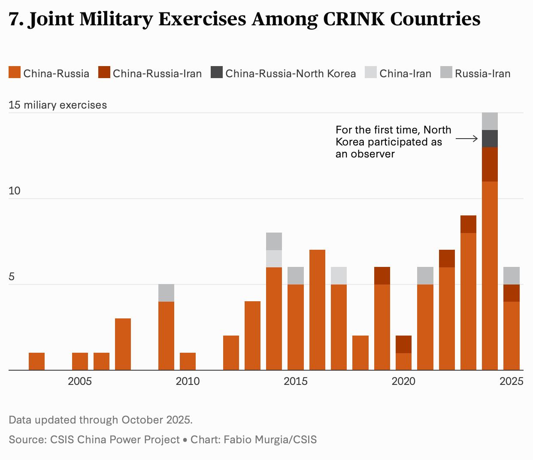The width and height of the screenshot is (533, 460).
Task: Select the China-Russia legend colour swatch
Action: click(x=14, y=73)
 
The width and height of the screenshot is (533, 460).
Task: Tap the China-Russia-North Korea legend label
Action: click(x=291, y=74)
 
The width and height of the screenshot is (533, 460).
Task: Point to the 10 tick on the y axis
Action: click(x=15, y=191)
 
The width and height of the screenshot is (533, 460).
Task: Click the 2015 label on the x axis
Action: click(x=295, y=381)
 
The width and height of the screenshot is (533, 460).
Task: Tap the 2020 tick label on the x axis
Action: click(x=403, y=381)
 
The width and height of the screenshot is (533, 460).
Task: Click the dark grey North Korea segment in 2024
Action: click(x=490, y=139)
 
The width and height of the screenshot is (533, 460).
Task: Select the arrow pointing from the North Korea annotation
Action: click(x=466, y=139)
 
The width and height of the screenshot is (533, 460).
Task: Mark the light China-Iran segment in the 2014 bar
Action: click(x=274, y=259)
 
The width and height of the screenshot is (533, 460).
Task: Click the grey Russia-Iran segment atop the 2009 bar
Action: click(x=166, y=293)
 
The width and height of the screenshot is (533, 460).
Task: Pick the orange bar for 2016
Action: click(x=317, y=309)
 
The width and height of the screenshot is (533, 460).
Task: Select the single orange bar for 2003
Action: click(x=36, y=361)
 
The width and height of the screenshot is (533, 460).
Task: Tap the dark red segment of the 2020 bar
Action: click(x=403, y=344)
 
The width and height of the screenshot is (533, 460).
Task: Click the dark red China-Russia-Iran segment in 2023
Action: click(x=468, y=224)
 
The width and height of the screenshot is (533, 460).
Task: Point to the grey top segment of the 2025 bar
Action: click(x=511, y=275)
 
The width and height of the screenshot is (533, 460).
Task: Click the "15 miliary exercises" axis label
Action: click(x=58, y=105)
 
